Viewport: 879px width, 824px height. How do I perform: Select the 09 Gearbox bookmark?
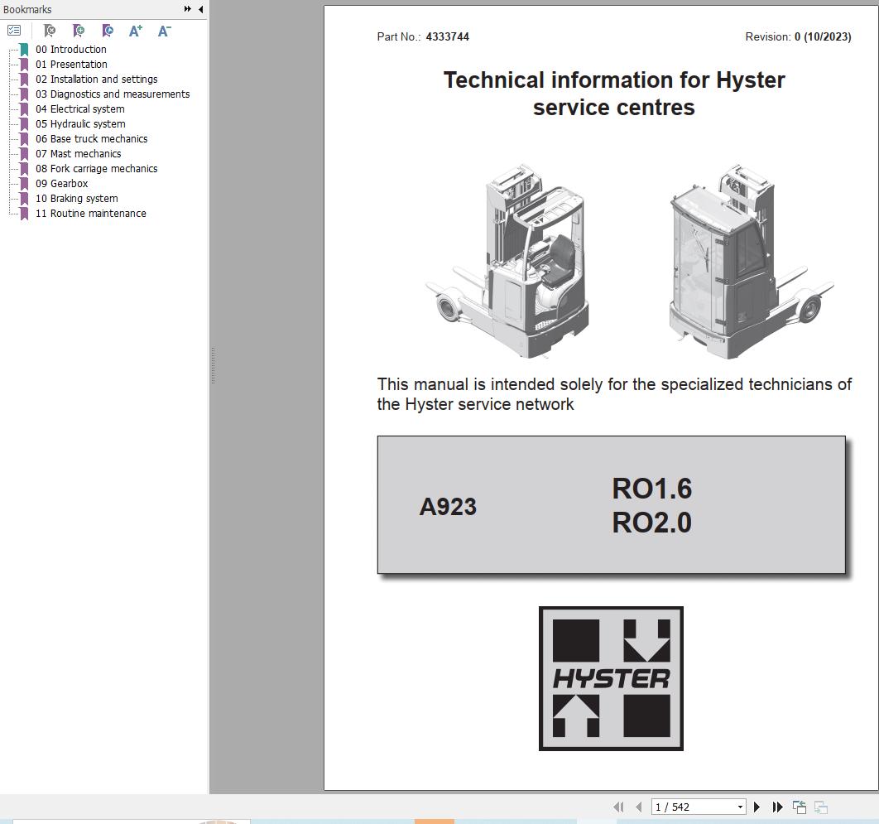[69, 184]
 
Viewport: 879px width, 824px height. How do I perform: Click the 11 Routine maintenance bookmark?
[98, 214]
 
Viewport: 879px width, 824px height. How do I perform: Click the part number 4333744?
[447, 36]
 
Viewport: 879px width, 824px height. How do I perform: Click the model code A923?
[448, 507]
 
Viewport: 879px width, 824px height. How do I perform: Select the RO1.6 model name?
[651, 489]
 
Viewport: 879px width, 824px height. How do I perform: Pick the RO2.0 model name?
[651, 523]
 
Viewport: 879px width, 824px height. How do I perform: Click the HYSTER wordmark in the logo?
[611, 679]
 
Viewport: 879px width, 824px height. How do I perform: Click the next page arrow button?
[757, 807]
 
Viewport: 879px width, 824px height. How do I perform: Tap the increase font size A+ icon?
[136, 31]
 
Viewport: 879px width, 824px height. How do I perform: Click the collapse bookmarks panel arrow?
[200, 9]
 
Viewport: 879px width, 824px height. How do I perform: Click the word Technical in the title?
[493, 80]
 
